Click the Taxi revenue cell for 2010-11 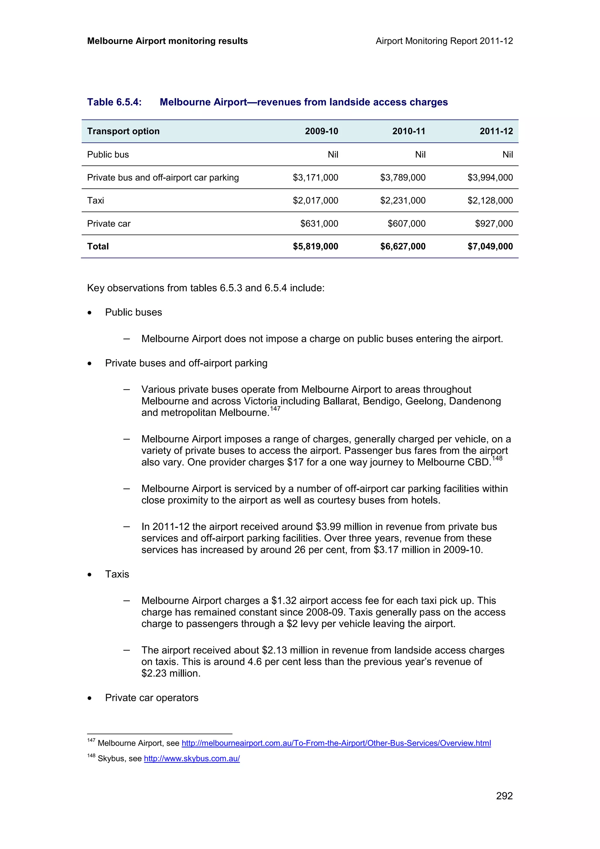coord(403,200)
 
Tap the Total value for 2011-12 coord(490,246)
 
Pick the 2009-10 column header coord(321,131)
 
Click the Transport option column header coord(123,131)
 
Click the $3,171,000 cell coord(315,178)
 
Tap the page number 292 coord(504,796)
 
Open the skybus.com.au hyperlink coord(192,758)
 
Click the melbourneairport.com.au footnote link coord(336,743)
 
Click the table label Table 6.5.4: coord(114,102)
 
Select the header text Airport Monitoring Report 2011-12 coord(444,41)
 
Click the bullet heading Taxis coord(117,574)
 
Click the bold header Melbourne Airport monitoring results coord(167,41)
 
